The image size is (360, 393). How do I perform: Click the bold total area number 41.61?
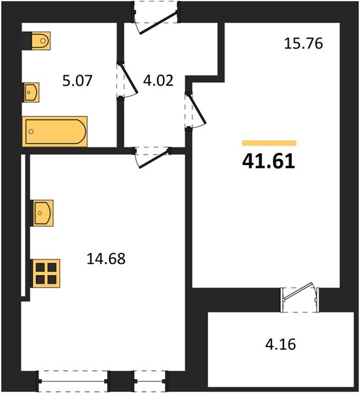268,161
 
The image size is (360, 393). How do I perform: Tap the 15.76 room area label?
304,43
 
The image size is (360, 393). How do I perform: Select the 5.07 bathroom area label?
77,81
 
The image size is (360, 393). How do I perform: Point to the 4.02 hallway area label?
158,81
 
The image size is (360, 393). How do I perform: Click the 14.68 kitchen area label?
106,259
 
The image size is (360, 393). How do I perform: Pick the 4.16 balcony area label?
281,344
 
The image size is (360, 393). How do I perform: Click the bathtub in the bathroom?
54,131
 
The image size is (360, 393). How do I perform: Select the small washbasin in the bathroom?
31,92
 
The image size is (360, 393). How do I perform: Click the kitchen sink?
42,213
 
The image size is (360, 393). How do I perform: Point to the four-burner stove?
46,273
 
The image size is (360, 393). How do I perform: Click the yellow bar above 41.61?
269,143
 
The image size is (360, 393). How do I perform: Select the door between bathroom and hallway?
128,80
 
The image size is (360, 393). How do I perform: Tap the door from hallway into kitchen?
153,157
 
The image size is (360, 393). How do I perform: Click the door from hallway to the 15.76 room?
196,111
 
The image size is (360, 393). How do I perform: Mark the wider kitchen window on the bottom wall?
73,381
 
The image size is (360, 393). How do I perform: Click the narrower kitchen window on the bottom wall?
150,381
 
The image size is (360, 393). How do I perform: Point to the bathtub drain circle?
31,132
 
